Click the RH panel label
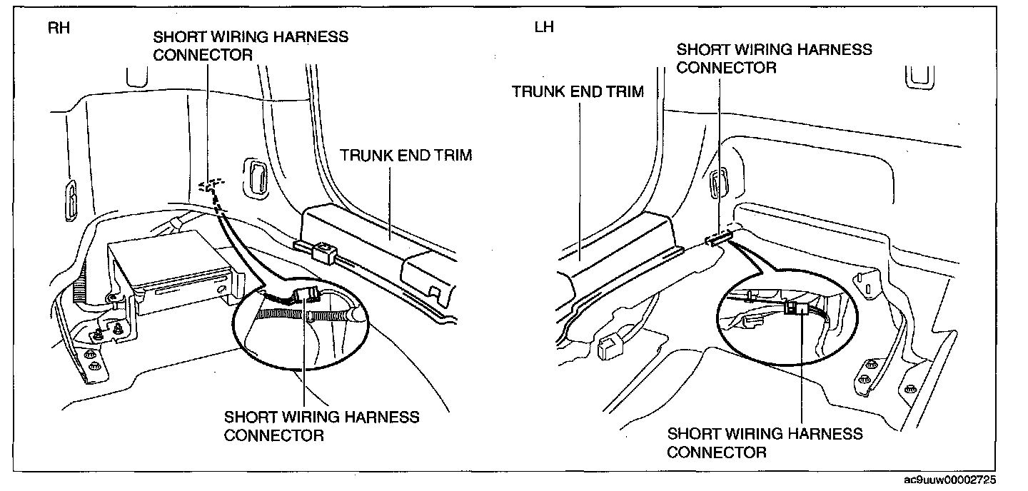[59, 28]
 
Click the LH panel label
[544, 26]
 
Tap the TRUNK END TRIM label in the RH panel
[405, 155]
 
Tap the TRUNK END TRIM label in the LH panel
[578, 91]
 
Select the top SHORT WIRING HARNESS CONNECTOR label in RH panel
[251, 46]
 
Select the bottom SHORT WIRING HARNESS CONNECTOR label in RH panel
[321, 426]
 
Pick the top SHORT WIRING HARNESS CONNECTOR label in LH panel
[774, 59]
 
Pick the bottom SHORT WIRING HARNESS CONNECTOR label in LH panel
[765, 442]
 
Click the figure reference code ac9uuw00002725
[950, 480]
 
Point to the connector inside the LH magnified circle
[795, 307]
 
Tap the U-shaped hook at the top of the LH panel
[919, 78]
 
